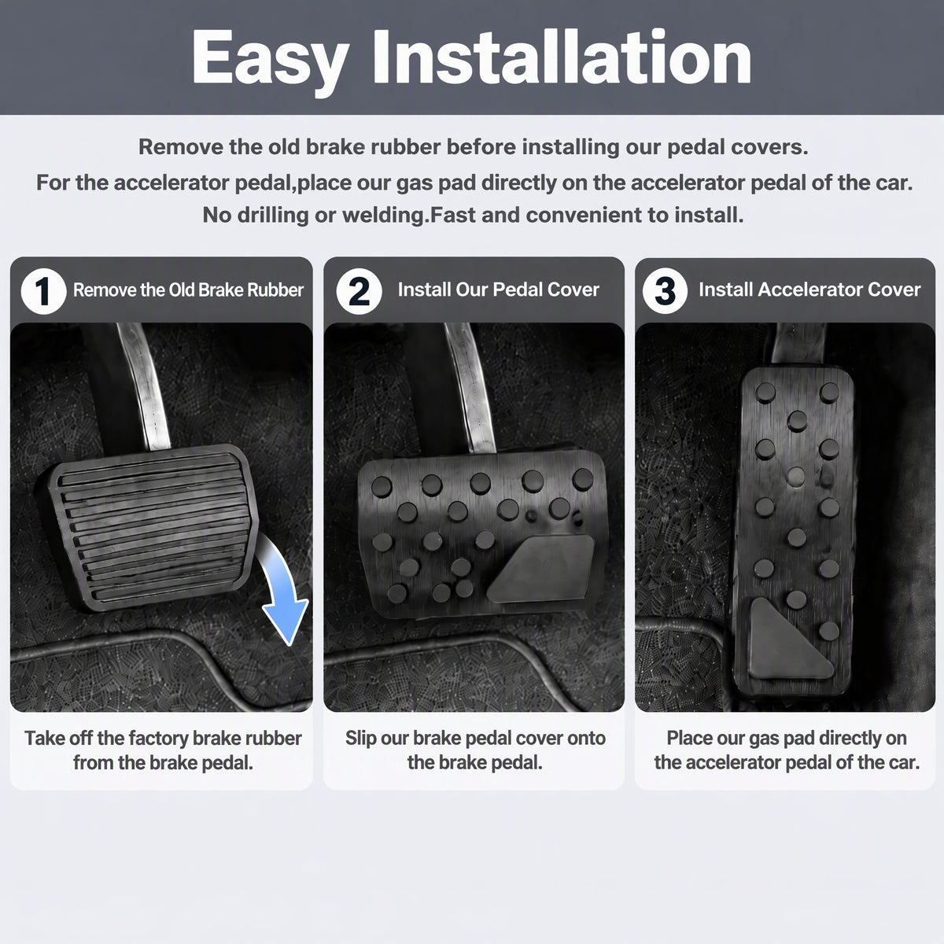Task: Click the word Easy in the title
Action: click(270, 60)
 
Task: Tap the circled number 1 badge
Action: click(43, 290)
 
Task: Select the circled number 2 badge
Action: click(359, 290)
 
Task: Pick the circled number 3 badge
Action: click(665, 290)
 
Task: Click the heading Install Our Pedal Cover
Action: click(498, 289)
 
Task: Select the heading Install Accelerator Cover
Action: click(809, 289)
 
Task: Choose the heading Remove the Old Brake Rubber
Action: click(188, 290)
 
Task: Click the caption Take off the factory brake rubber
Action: click(163, 738)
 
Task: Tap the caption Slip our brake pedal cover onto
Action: click(475, 738)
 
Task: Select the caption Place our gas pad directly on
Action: click(787, 738)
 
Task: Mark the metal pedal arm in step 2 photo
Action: click(470, 387)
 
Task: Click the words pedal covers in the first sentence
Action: click(738, 147)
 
